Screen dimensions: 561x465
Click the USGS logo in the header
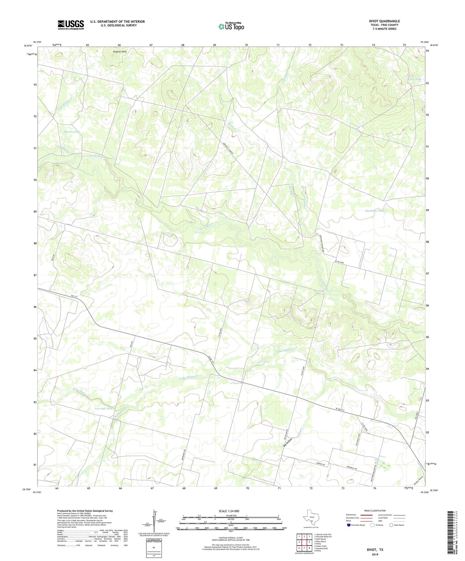pyautogui.click(x=71, y=25)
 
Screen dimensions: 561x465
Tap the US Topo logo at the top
pyautogui.click(x=231, y=26)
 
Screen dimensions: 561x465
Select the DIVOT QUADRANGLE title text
pyautogui.click(x=384, y=21)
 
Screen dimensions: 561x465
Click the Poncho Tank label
pyautogui.click(x=72, y=132)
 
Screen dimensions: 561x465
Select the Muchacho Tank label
pyautogui.click(x=375, y=211)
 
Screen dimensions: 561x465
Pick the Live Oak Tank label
pyautogui.click(x=104, y=409)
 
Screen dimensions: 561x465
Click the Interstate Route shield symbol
pyautogui.click(x=349, y=525)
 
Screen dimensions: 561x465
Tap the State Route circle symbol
pyautogui.click(x=391, y=525)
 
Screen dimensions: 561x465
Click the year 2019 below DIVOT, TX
pyautogui.click(x=375, y=554)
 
